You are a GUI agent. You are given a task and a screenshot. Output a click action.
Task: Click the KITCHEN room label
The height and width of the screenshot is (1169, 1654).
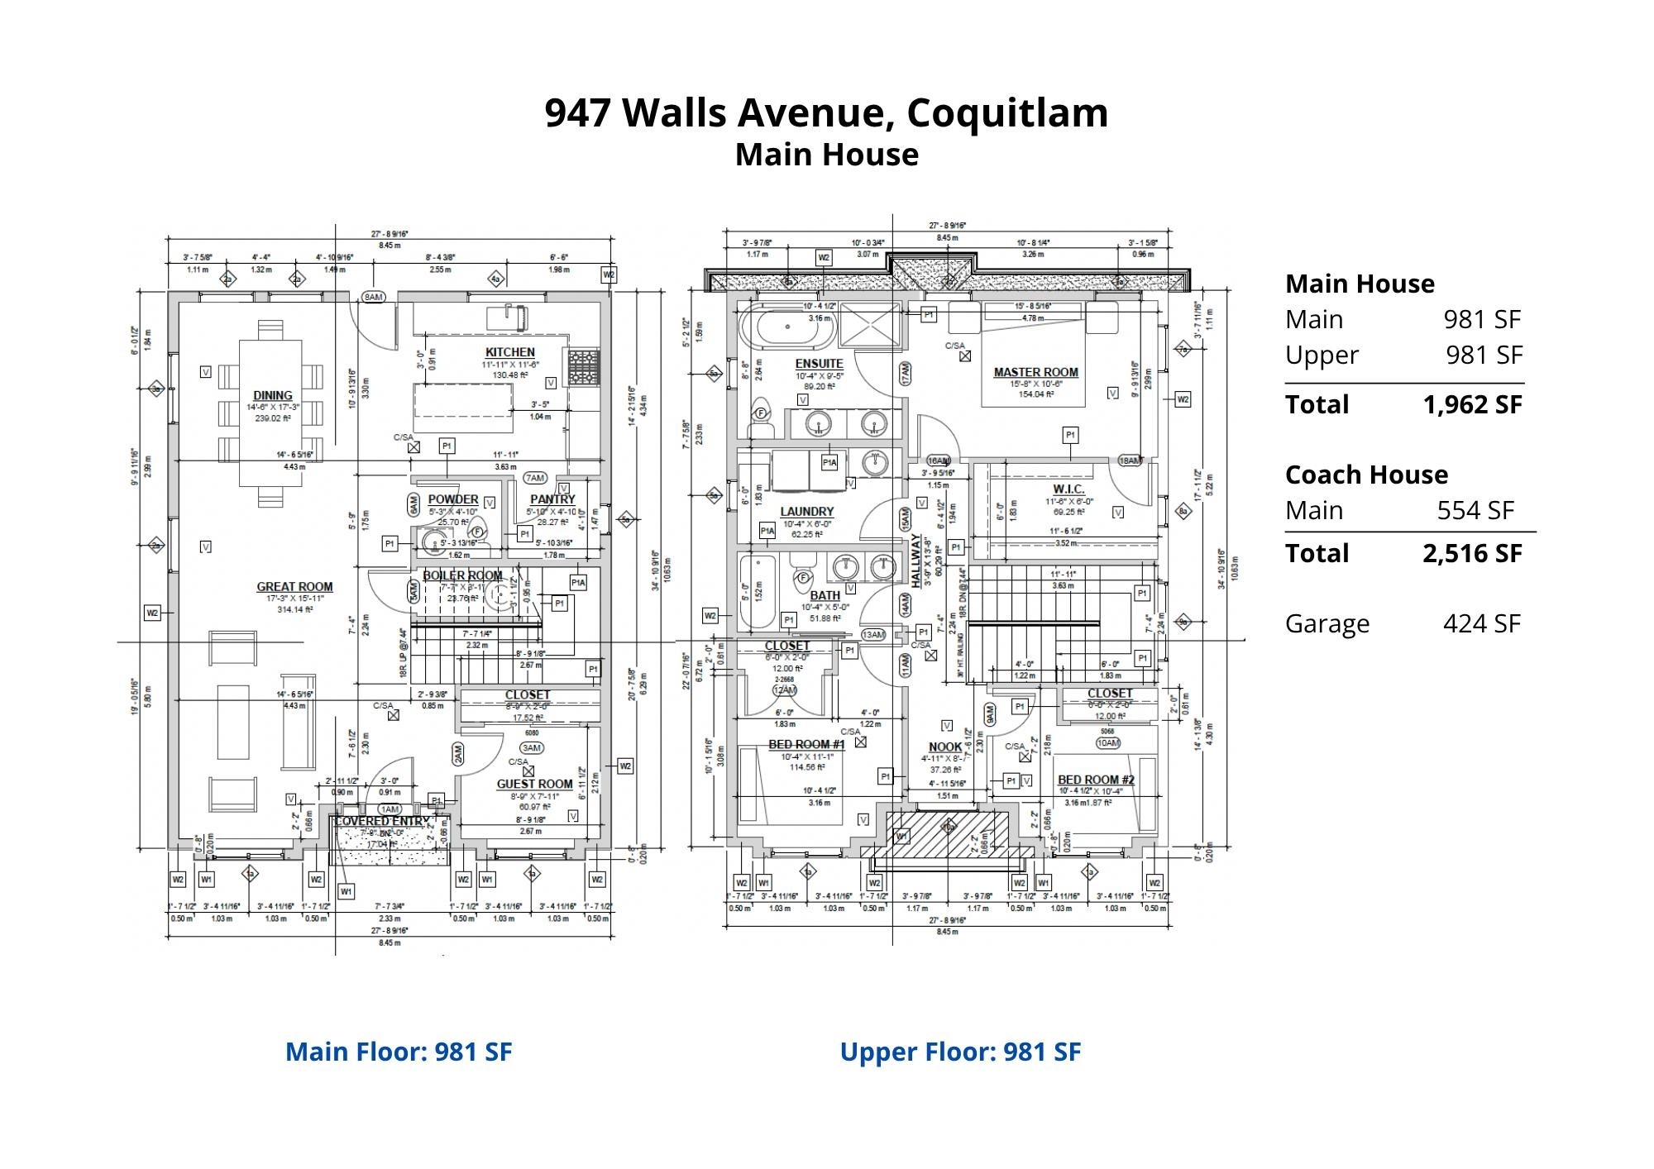[509, 352]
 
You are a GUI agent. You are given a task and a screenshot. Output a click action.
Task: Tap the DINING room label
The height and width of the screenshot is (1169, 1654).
[273, 396]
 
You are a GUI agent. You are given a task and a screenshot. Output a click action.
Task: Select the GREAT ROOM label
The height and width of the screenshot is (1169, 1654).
[294, 587]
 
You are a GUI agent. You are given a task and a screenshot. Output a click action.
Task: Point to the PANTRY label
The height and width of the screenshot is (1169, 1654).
[552, 499]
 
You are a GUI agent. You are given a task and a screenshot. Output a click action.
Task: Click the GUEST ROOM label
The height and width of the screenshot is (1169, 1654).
[534, 784]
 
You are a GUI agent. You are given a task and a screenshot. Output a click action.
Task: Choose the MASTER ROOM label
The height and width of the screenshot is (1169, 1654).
[1035, 373]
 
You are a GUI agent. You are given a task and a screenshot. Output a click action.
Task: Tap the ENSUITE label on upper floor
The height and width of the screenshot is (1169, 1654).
[819, 364]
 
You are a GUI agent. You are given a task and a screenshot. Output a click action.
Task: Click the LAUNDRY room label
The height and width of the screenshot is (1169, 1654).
[806, 512]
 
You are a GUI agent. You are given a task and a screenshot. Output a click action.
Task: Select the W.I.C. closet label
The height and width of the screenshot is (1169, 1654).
[1068, 489]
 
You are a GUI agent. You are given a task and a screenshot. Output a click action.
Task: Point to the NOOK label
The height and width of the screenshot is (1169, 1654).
[945, 747]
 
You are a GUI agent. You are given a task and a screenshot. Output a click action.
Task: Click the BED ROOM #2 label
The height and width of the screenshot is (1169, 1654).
[1096, 780]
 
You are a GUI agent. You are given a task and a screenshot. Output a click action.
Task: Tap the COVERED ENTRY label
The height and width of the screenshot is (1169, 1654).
[382, 822]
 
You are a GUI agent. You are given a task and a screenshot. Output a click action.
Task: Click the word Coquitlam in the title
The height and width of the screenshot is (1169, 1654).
[1007, 112]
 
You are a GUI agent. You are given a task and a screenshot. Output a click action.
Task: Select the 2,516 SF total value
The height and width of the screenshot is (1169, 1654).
[1472, 553]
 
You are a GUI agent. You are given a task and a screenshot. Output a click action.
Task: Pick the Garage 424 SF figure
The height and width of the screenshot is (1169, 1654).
[1481, 623]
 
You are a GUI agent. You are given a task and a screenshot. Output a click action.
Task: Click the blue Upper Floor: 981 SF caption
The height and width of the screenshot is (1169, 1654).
[960, 1052]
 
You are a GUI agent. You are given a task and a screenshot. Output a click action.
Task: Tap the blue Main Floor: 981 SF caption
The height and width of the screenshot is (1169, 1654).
[399, 1052]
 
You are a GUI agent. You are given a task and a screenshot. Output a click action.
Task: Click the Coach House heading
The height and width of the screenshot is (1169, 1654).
[1366, 475]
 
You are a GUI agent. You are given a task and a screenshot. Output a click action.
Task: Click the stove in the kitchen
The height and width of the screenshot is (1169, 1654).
[583, 362]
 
